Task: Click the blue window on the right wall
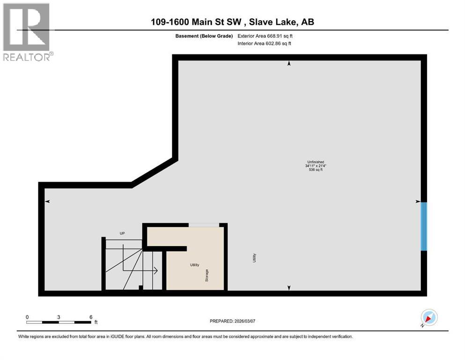coord(424,226)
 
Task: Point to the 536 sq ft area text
coord(313,170)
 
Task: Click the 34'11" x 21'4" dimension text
coord(313,166)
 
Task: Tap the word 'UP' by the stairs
coord(122,233)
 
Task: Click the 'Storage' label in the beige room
coord(207,275)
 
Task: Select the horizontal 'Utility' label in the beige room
coord(194,265)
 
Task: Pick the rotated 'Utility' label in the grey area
coord(255,257)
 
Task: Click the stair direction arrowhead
coord(155,270)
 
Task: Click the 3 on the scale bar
coord(59,316)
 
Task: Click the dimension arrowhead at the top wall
coord(289,63)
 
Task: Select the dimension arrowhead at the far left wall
coord(47,202)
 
